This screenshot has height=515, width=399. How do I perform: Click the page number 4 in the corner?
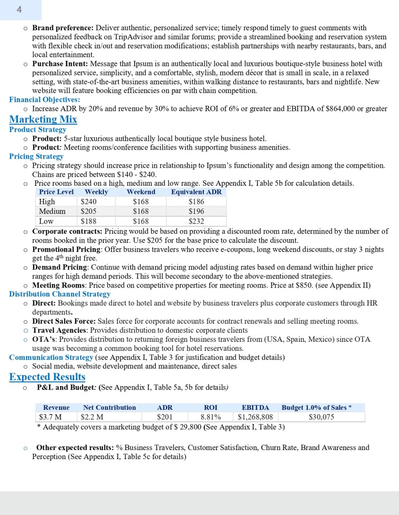pos(19,9)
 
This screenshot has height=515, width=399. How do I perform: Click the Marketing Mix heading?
pos(43,119)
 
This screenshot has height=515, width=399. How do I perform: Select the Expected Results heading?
pos(47,377)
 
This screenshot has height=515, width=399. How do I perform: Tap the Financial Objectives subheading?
pos(44,100)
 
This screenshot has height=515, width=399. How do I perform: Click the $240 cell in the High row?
pos(89,202)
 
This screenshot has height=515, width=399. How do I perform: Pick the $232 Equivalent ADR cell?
pos(196,221)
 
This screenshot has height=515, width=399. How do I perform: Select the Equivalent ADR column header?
pos(196,192)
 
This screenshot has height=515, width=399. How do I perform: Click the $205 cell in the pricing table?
pos(89,211)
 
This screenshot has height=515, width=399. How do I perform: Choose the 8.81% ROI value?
pos(210,417)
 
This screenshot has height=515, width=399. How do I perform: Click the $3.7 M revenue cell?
pos(50,417)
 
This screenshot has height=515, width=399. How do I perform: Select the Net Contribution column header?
pos(109,407)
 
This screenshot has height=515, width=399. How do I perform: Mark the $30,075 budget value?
pos(321,417)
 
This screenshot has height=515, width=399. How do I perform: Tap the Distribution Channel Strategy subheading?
pos(60,294)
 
